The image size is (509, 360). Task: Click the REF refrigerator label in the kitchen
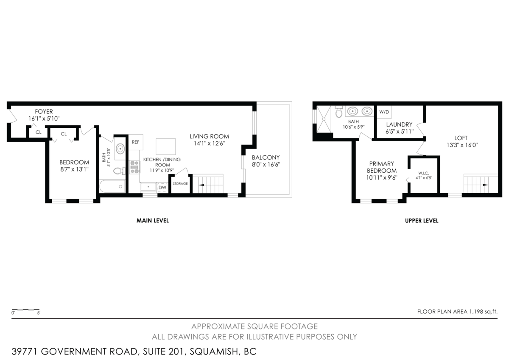(x=135, y=142)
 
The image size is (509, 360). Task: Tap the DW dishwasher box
(x=162, y=187)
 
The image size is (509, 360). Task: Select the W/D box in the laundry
(x=384, y=112)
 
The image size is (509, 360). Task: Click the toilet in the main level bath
(x=119, y=171)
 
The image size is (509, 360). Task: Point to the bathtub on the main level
(x=112, y=186)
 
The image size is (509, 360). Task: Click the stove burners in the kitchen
(x=134, y=167)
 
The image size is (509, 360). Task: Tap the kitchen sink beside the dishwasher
(x=148, y=187)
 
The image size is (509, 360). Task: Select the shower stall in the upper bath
(x=324, y=119)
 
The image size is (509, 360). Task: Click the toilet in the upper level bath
(x=339, y=112)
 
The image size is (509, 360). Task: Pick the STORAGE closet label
(x=180, y=183)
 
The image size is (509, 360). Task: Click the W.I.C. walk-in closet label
(x=424, y=173)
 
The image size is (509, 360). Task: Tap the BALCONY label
(x=266, y=157)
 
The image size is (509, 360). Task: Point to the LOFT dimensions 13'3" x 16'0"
(x=462, y=145)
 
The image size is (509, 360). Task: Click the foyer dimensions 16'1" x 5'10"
(x=44, y=118)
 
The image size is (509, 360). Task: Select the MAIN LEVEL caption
(x=153, y=221)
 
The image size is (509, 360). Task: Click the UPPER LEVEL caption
(x=422, y=221)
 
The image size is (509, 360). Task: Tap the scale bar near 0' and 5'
(x=26, y=310)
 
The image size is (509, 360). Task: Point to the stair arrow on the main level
(x=201, y=185)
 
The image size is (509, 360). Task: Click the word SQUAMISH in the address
(x=214, y=352)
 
